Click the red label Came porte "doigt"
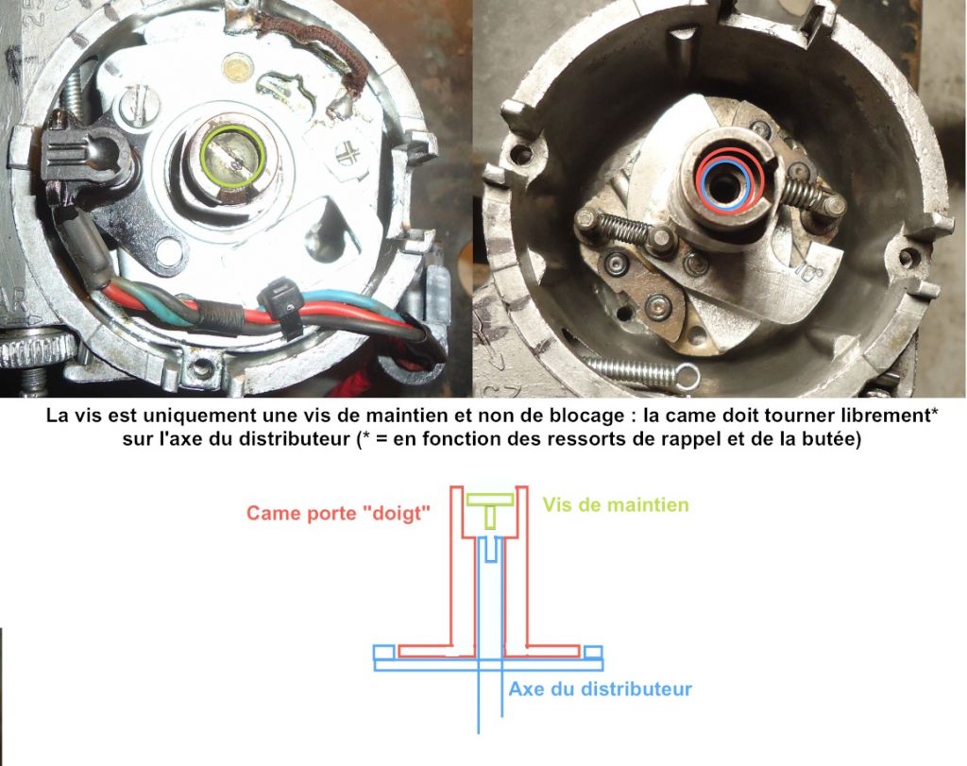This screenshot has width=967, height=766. [x=338, y=513]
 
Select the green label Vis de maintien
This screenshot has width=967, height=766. [x=616, y=505]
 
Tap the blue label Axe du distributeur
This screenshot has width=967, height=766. [x=600, y=689]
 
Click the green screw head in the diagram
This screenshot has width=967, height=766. [x=490, y=500]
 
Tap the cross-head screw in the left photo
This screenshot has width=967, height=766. [x=349, y=152]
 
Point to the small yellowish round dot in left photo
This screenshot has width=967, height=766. [x=238, y=68]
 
